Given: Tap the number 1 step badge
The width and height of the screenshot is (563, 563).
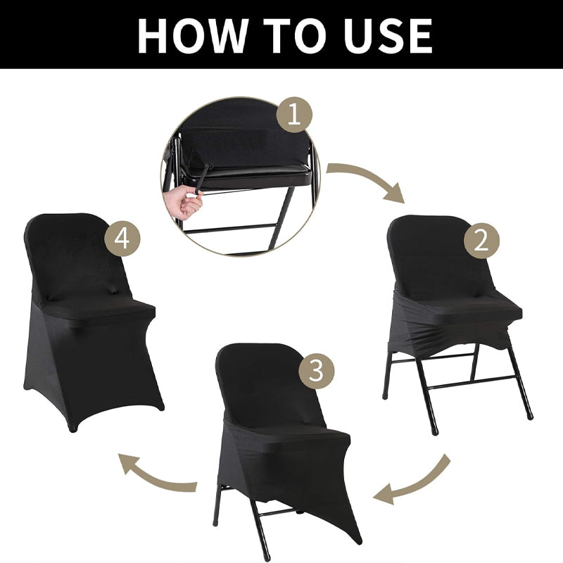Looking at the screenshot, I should [x=294, y=115].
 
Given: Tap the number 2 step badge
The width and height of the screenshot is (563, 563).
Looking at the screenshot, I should [x=481, y=241].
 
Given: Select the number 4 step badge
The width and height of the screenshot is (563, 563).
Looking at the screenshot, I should [x=122, y=239].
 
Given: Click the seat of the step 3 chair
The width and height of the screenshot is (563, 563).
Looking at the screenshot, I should [x=289, y=436].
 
